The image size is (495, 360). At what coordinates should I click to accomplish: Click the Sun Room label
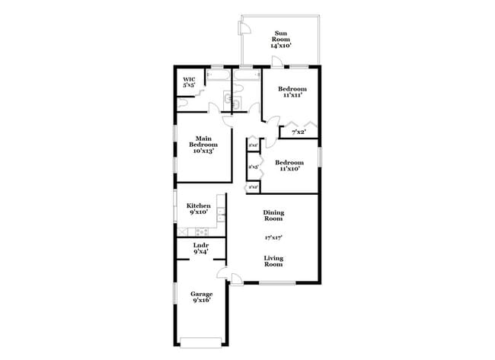coord(281,35)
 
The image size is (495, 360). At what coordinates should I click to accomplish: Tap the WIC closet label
coord(189,78)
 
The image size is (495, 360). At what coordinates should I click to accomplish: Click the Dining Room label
coord(273,215)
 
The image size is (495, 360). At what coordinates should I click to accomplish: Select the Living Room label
coord(273,261)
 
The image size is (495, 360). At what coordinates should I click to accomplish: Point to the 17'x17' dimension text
coord(273,237)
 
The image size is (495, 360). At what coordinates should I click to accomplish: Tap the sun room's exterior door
coord(245,28)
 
